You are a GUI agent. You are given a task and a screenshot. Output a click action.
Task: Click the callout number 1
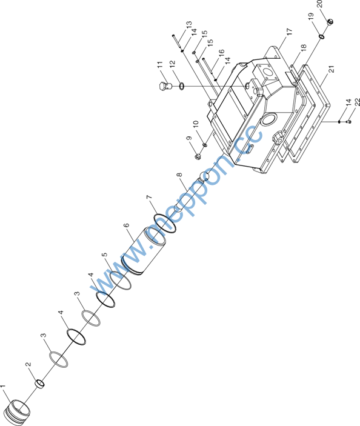pyautogui.click(x=2, y=387)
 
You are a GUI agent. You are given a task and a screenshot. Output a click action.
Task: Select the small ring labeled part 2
pyautogui.click(x=40, y=383)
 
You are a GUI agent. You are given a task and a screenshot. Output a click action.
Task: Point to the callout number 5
pyautogui.click(x=105, y=255)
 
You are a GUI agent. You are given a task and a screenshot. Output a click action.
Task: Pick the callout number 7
pyautogui.click(x=149, y=197)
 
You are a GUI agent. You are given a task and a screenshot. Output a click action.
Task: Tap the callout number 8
pyautogui.click(x=179, y=175)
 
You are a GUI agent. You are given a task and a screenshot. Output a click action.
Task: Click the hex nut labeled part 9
pyautogui.click(x=198, y=156)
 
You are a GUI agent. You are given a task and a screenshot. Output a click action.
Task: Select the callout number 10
pyautogui.click(x=196, y=124)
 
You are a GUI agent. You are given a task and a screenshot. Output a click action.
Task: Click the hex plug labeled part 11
pyautogui.click(x=164, y=85)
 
